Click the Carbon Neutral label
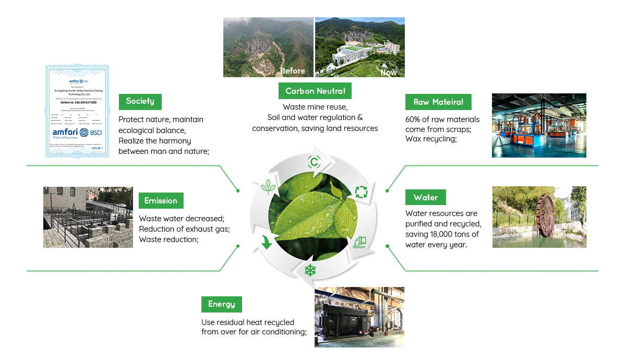[315, 91]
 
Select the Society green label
[140, 101]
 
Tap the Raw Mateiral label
[438, 102]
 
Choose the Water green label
[425, 198]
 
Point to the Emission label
[161, 200]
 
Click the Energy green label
[221, 304]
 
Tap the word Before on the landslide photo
[292, 71]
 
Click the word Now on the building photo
[388, 72]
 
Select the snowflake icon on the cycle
[310, 270]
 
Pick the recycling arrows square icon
[361, 191]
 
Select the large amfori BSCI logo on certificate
[77, 133]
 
